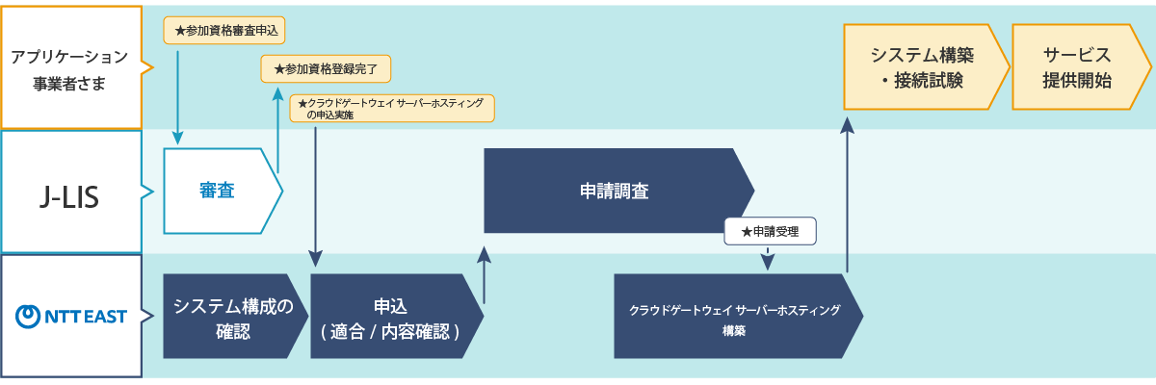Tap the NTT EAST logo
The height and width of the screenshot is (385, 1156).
[x=72, y=316]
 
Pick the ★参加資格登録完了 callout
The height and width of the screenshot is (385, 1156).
[x=326, y=69]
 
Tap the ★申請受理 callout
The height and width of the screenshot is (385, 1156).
[x=770, y=231]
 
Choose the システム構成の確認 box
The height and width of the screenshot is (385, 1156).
[x=231, y=317]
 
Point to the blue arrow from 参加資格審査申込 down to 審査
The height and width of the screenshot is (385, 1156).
[x=177, y=96]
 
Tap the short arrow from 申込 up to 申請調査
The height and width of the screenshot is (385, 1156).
[x=484, y=274]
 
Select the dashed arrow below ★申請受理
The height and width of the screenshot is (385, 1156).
[x=768, y=259]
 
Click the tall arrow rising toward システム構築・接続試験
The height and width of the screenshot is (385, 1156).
[x=847, y=192]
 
